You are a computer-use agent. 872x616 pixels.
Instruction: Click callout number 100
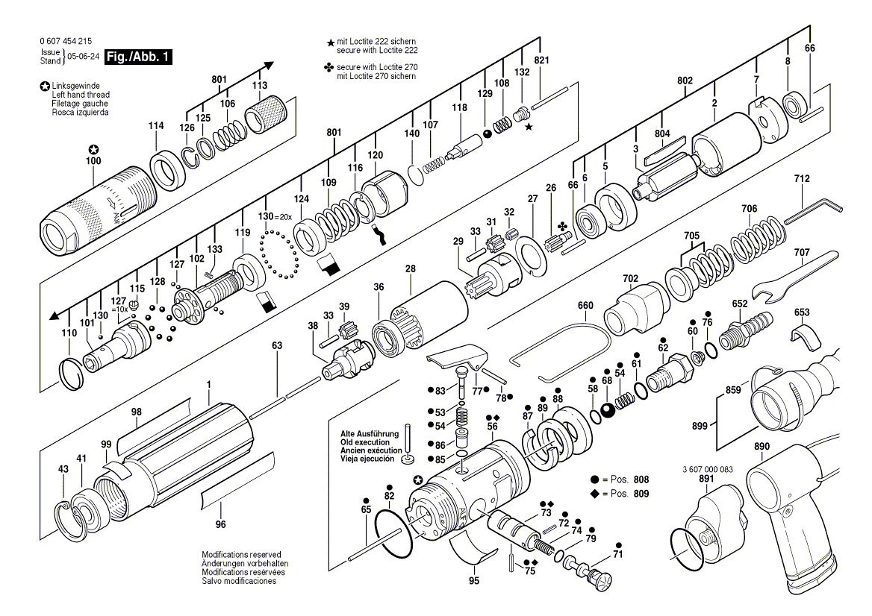tap(93, 161)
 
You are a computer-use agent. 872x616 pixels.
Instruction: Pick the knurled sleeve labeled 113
tap(267, 116)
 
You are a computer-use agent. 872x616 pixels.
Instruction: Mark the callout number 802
tap(685, 80)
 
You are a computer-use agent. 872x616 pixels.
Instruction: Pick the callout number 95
tap(474, 580)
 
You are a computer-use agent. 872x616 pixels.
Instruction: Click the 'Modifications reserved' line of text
tap(241, 555)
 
